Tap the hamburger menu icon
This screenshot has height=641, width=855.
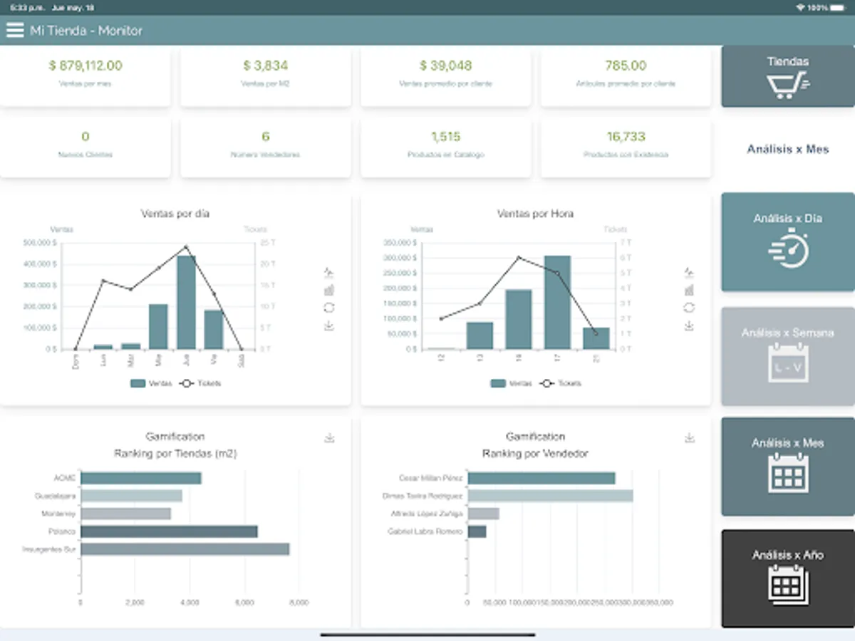point(15,31)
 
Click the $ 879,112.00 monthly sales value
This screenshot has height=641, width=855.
point(85,66)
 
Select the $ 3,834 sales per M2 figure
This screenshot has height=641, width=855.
point(265,66)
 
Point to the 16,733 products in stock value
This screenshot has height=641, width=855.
point(626,137)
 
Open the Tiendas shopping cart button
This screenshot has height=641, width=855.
point(787,76)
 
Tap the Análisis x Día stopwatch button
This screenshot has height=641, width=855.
point(787,241)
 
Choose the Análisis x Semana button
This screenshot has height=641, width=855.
point(787,356)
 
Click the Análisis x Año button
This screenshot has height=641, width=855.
point(787,578)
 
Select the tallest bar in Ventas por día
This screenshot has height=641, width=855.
point(186,302)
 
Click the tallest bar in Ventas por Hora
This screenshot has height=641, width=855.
point(557,302)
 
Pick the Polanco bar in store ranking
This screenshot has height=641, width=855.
point(169,531)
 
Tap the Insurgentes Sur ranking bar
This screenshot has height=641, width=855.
point(185,549)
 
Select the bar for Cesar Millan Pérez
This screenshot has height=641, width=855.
point(541,479)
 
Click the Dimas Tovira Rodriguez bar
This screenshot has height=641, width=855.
point(550,496)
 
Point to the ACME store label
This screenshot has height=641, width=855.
point(64,479)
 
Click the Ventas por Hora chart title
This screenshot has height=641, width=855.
point(535,214)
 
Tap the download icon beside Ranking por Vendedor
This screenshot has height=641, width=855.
point(689,437)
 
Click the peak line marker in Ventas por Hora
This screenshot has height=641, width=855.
point(519,258)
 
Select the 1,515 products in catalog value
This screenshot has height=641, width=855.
point(445,137)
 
